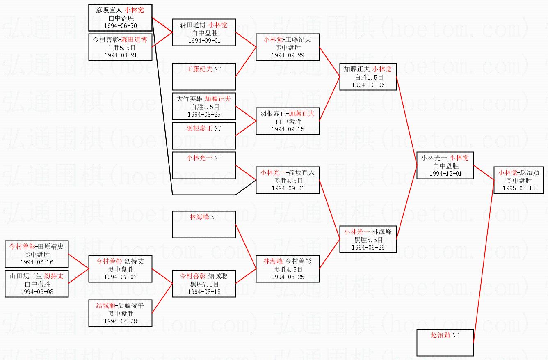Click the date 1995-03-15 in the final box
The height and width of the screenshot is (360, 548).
(x=518, y=188)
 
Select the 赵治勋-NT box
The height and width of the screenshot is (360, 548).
(x=445, y=342)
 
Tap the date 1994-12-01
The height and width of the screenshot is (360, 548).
(x=445, y=174)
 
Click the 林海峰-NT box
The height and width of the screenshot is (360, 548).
(x=204, y=224)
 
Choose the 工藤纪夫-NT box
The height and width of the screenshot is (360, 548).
(x=204, y=76)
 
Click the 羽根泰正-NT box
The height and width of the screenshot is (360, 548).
(x=204, y=135)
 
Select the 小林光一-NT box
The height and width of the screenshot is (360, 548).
(x=204, y=165)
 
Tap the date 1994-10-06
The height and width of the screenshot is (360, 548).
(x=368, y=85)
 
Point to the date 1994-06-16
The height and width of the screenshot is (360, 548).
(x=37, y=262)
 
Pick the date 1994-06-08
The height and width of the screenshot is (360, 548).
(x=37, y=292)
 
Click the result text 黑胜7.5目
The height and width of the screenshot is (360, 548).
(x=204, y=284)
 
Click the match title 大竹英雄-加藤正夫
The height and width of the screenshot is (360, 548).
(x=204, y=99)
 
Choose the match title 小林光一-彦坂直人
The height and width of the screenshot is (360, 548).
(x=288, y=173)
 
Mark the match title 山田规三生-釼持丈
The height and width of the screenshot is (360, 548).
(x=37, y=276)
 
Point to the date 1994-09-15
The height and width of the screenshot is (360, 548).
(x=288, y=129)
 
